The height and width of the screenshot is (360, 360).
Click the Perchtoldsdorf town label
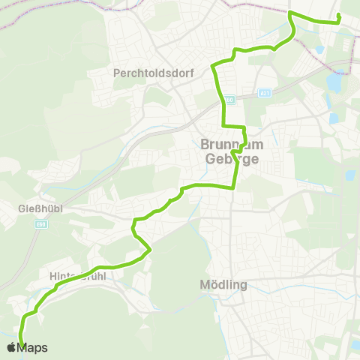click(x=146, y=73)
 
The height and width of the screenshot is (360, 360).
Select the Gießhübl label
click(x=34, y=207)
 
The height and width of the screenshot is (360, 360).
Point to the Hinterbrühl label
click(x=76, y=275)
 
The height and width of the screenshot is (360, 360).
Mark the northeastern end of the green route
click(x=340, y=16)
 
